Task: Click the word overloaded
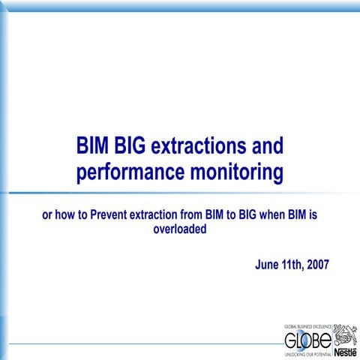pos(180,229)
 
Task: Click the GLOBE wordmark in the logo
pos(306,341)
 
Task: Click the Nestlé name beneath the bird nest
pos(345,352)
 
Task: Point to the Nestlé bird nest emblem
pos(345,335)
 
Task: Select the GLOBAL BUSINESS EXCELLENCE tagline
pos(306,328)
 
